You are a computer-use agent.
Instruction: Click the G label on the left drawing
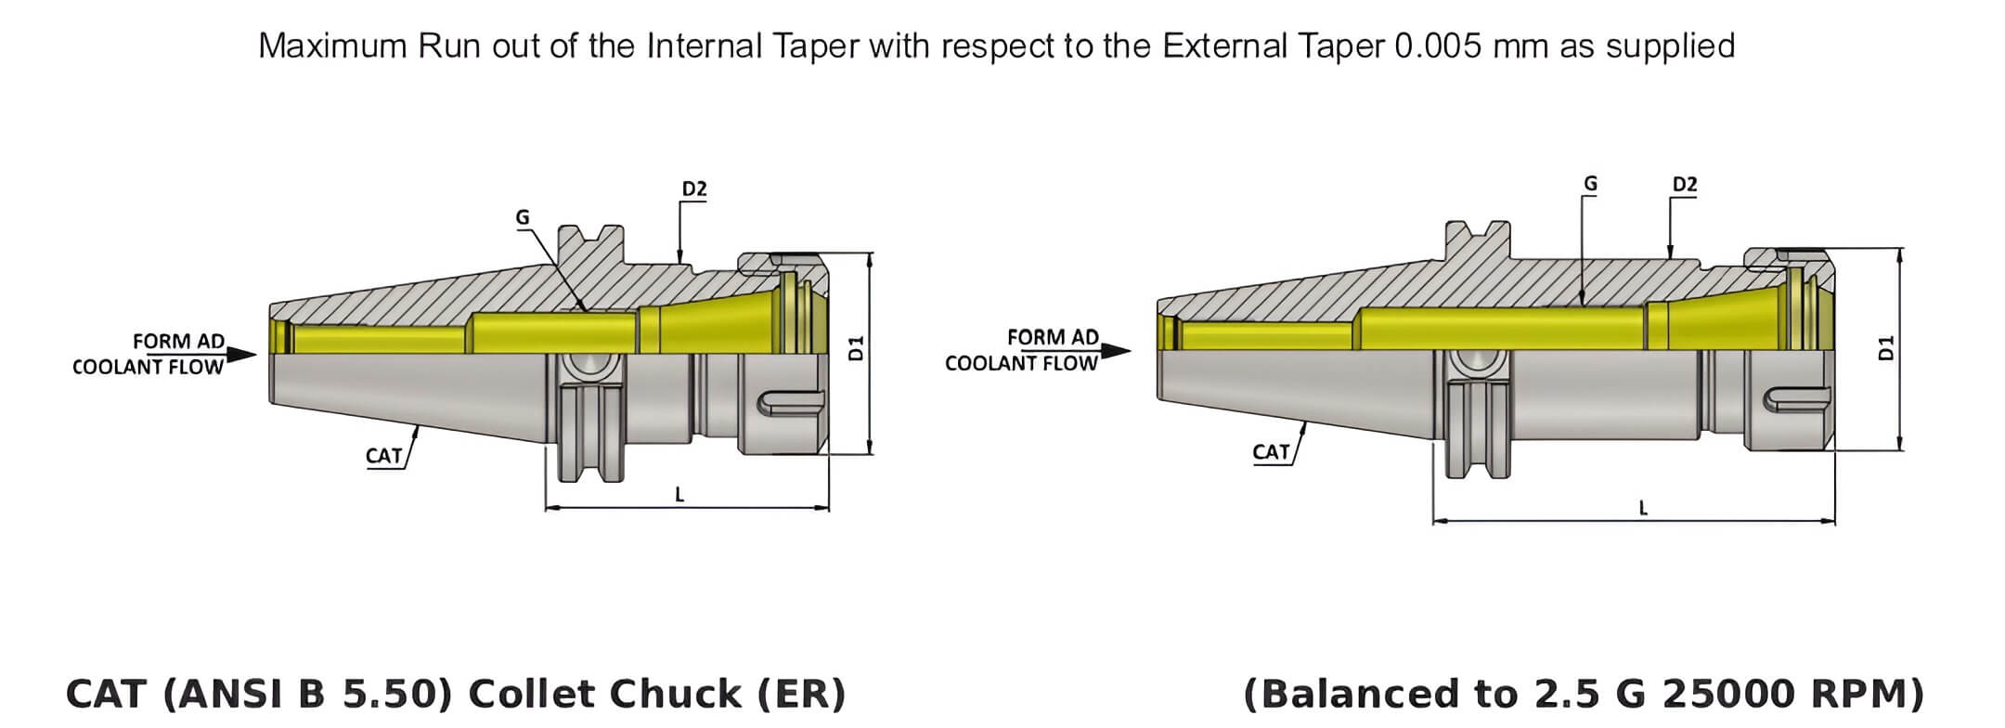[x=523, y=217]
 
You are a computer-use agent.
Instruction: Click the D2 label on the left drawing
[x=694, y=189]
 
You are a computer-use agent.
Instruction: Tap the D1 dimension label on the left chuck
[x=856, y=349]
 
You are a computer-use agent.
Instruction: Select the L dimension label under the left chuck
[x=679, y=495]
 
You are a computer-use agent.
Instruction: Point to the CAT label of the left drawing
[x=383, y=455]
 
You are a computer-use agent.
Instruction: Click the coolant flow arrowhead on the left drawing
[x=242, y=355]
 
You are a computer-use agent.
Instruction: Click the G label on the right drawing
[x=1590, y=184]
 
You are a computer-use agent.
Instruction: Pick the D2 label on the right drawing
[x=1685, y=185]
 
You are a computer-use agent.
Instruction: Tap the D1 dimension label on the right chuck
[x=1884, y=349]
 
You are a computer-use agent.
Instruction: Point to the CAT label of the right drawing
[x=1271, y=452]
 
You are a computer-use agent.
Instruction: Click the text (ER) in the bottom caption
[x=801, y=694]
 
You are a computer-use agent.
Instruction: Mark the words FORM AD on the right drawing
[x=1053, y=337]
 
